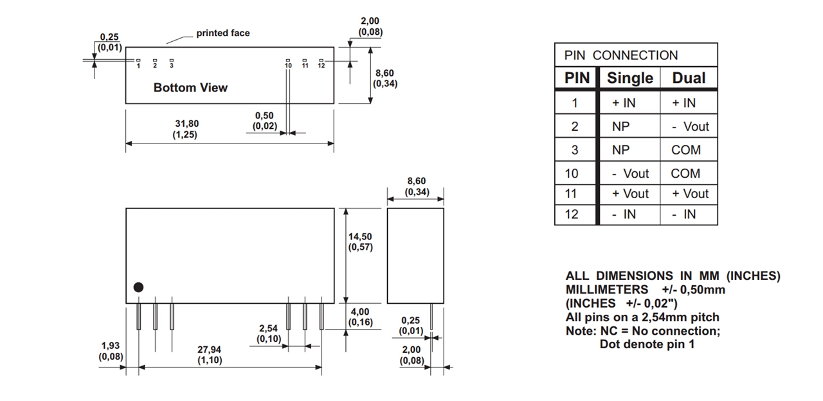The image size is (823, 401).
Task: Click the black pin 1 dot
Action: (138, 288)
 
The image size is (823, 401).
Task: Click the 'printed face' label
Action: (222, 33)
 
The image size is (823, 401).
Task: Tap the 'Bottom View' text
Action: (190, 88)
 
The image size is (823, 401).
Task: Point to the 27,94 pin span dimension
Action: (210, 355)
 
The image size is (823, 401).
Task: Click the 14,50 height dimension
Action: (360, 242)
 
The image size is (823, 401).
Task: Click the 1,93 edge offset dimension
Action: (110, 351)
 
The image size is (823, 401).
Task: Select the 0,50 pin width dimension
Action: (264, 121)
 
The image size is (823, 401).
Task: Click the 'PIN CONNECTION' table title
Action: (621, 55)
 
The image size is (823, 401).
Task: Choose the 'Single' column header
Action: (629, 79)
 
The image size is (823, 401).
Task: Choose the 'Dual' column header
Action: (689, 79)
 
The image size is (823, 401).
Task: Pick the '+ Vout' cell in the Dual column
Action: (690, 194)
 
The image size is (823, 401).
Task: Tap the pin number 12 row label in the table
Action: (572, 214)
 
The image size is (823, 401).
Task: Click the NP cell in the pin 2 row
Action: (622, 127)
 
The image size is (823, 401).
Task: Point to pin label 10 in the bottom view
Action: (288, 66)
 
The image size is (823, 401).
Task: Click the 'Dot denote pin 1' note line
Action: (647, 344)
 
